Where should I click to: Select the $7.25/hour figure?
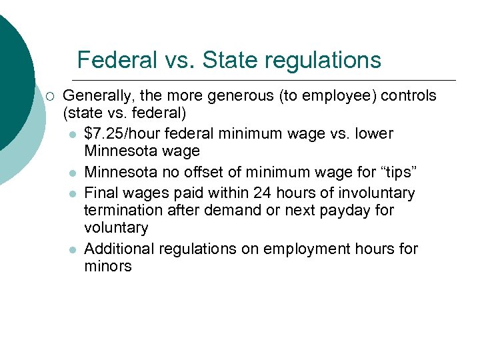121,134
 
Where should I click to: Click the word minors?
108,267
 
